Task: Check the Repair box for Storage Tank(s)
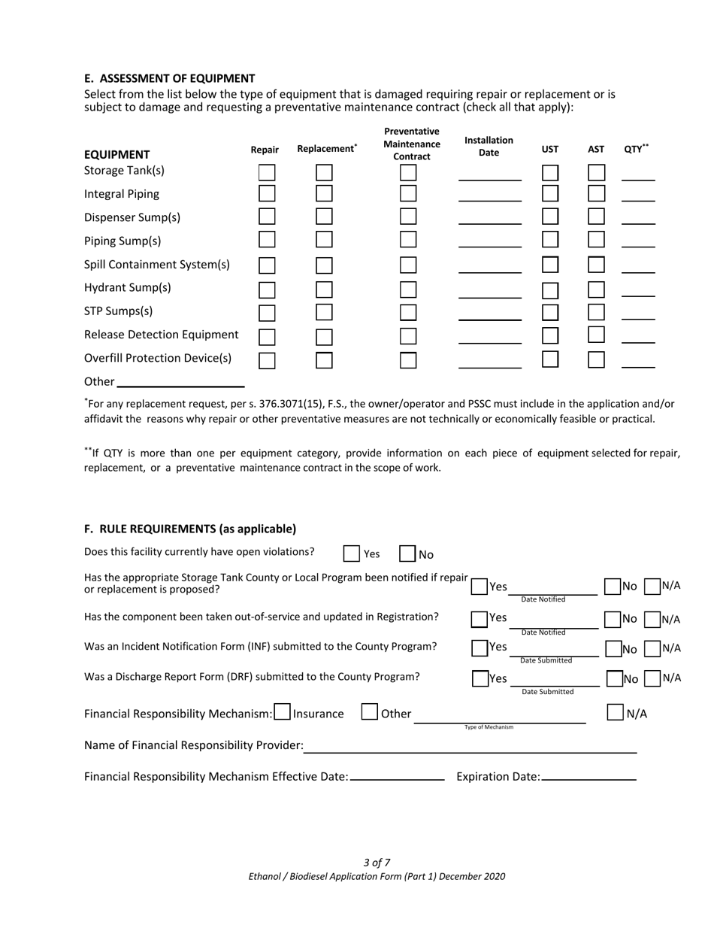tap(267, 172)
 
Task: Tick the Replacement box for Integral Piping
tap(324, 193)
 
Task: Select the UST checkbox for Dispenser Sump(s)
tap(550, 217)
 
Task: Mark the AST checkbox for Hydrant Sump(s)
tap(596, 290)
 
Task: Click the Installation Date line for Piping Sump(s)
tap(489, 241)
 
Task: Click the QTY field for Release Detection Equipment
tap(638, 335)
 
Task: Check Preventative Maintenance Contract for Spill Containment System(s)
tap(408, 265)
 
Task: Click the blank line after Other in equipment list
tap(180, 381)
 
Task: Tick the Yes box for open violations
tap(351, 553)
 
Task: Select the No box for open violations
tap(407, 553)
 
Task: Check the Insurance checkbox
tap(283, 712)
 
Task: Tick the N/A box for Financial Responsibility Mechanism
tap(615, 712)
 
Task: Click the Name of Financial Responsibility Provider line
tap(470, 745)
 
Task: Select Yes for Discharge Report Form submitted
tap(480, 678)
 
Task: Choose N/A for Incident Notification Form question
tap(652, 648)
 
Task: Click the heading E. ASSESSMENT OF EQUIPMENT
tap(169, 78)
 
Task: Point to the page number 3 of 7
tap(377, 863)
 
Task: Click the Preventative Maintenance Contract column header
tap(412, 144)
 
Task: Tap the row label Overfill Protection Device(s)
tap(158, 358)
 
